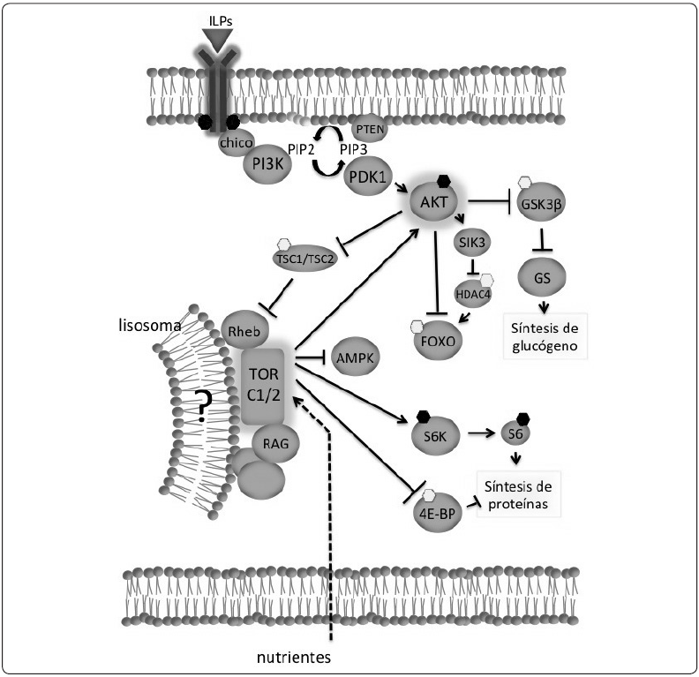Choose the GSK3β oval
click(543, 204)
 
